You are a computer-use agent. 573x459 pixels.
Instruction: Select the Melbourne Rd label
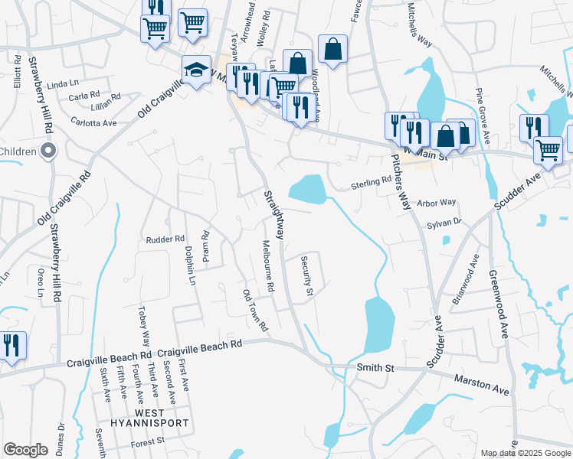point(267,269)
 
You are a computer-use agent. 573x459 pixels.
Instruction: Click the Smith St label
point(375,369)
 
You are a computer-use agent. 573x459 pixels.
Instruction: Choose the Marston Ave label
point(481,384)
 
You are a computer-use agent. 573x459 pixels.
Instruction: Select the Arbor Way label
point(437,203)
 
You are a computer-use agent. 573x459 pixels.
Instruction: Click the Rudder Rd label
point(165,239)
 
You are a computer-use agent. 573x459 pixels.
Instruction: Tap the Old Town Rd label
point(255,311)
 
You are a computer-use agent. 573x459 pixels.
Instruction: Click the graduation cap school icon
point(196,70)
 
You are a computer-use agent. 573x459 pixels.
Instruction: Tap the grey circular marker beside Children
point(49,151)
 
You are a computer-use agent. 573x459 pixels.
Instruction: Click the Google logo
point(26,450)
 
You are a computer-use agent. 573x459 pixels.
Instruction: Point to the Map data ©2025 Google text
point(525,454)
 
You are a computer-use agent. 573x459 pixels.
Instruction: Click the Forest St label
point(149,441)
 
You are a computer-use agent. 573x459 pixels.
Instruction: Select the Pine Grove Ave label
point(482,115)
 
